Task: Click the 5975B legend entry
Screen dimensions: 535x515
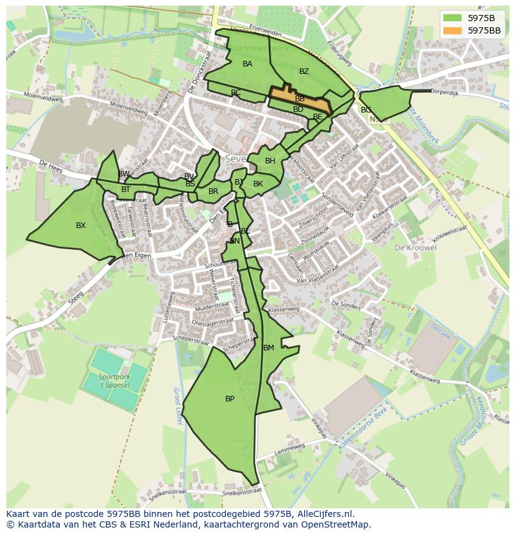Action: [481, 18]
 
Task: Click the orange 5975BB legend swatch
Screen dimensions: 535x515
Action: [453, 30]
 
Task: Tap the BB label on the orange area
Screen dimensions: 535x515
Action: [300, 99]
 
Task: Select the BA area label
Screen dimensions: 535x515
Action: [248, 64]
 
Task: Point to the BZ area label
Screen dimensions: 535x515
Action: [304, 71]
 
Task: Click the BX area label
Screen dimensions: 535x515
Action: [81, 226]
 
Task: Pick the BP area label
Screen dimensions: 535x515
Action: [230, 399]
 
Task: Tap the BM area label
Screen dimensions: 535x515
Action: [269, 348]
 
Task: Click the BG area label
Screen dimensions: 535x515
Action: [366, 110]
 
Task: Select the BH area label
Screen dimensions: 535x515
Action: [270, 161]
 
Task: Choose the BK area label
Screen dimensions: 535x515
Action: [258, 184]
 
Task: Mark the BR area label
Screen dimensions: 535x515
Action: [213, 191]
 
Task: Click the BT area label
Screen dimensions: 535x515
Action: [126, 190]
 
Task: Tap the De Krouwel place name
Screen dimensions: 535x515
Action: [415, 247]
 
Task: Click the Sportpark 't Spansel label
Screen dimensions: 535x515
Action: [114, 381]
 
